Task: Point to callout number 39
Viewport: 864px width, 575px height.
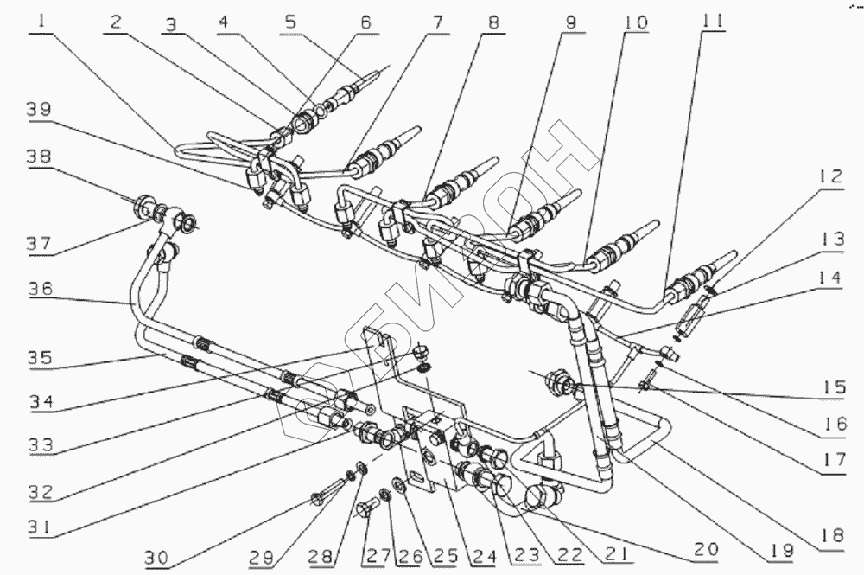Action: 38,111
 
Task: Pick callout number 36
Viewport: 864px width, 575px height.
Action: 38,290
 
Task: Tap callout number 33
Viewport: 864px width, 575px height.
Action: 40,444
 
